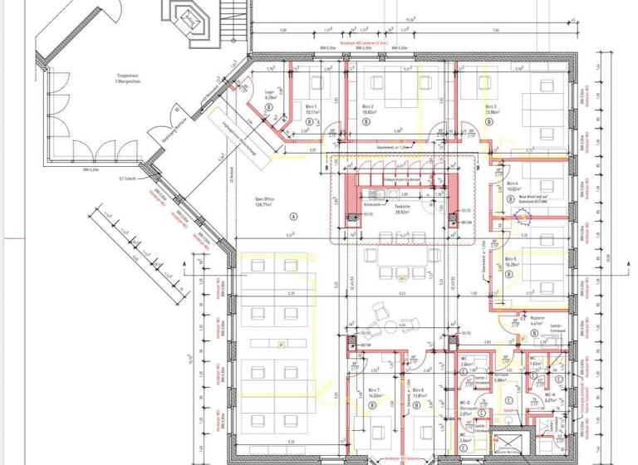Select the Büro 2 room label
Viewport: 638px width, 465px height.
point(367,107)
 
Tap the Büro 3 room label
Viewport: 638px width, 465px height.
point(490,107)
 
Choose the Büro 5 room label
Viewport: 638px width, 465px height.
point(510,259)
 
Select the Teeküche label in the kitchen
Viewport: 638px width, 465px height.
point(404,203)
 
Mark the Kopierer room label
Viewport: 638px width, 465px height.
point(536,317)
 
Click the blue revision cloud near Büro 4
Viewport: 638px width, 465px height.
point(523,218)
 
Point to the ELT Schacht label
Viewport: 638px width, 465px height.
point(127,176)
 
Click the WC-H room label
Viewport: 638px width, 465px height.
point(552,396)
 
